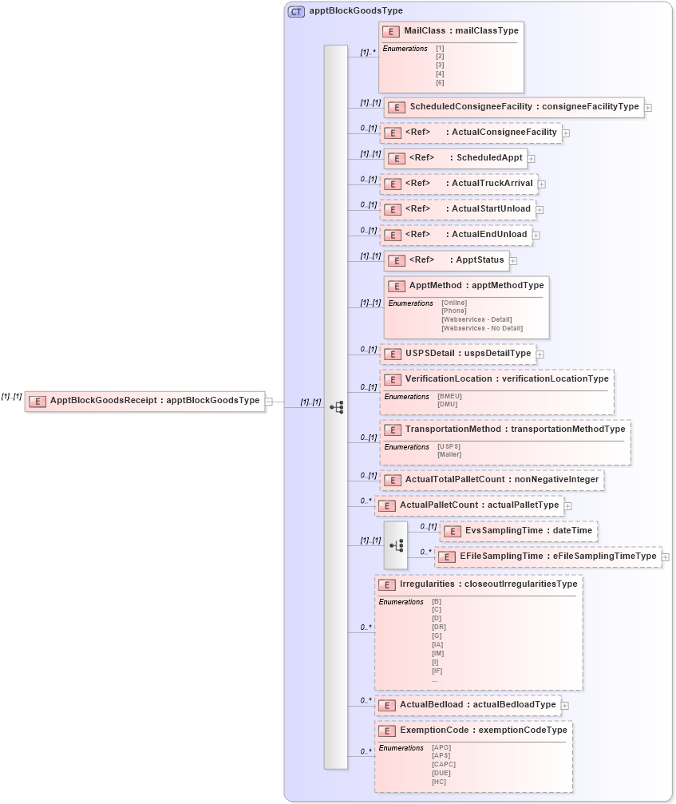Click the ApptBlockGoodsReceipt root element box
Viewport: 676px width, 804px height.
coord(144,401)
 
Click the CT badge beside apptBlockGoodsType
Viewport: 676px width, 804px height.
coord(297,11)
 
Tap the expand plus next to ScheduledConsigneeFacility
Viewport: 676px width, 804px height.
coord(648,107)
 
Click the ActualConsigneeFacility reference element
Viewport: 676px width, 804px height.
coord(471,133)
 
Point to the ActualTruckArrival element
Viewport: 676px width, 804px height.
coord(459,184)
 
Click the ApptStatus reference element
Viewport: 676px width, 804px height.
coord(446,260)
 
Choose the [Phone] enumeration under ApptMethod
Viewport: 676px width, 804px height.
coord(453,311)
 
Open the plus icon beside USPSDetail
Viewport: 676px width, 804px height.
coord(540,354)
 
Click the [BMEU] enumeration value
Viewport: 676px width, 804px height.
coord(449,395)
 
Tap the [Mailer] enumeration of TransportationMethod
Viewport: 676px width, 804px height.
coord(449,454)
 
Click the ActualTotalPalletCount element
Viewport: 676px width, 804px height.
coord(491,480)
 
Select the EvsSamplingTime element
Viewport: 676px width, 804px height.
coord(519,531)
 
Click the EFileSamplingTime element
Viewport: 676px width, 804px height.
coord(548,556)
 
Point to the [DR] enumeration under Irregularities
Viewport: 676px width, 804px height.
coord(438,627)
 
